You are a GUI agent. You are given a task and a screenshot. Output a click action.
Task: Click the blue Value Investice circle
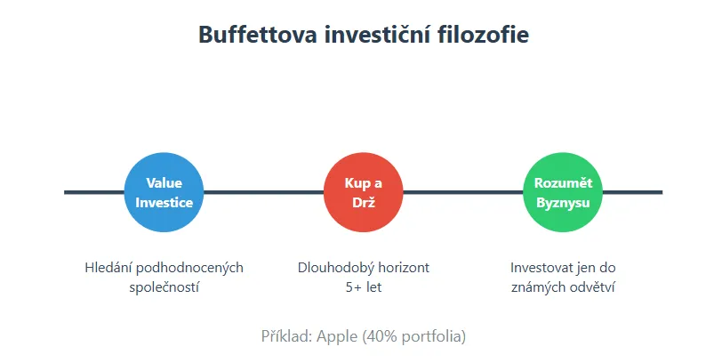(164, 192)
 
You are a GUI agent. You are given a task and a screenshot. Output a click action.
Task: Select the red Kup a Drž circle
(363, 192)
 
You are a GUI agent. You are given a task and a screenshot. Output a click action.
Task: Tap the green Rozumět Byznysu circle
(563, 192)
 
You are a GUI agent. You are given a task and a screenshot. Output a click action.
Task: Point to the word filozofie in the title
(485, 36)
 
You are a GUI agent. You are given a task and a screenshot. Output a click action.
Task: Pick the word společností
(164, 287)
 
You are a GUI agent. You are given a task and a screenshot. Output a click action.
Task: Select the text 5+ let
(363, 287)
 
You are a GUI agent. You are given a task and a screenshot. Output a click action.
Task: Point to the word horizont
(401, 268)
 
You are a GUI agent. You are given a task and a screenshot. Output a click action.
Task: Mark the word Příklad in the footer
(285, 336)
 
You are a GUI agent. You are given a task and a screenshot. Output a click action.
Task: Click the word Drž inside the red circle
(363, 202)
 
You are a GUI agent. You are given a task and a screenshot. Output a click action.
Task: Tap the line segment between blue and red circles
(263, 192)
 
